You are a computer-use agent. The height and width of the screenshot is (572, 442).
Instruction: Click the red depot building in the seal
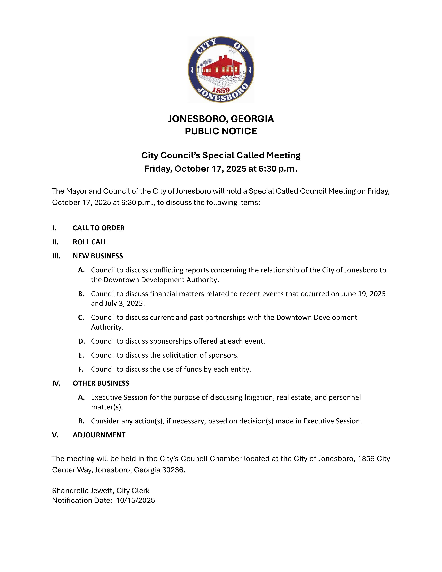tap(220, 67)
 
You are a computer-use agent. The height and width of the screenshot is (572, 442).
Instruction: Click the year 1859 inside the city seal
tap(221, 90)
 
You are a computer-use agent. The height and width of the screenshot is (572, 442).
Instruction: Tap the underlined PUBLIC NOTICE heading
tap(221, 131)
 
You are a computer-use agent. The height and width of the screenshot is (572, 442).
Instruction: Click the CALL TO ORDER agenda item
tap(98, 228)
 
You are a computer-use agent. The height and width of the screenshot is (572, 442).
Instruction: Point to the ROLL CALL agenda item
tap(90, 242)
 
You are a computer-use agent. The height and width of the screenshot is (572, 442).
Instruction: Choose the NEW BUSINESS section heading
tap(98, 256)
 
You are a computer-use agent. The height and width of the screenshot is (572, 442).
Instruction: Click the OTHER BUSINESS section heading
tap(101, 383)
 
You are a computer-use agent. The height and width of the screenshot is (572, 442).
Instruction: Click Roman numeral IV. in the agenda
tap(56, 383)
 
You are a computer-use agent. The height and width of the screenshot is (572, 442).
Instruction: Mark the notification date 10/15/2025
tap(135, 500)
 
